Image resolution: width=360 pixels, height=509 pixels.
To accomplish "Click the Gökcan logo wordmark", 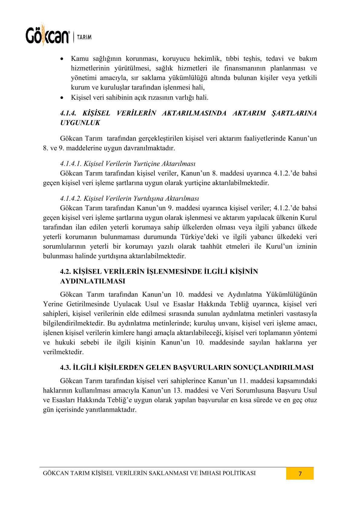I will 47,36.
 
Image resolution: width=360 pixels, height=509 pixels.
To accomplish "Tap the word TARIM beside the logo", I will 84,37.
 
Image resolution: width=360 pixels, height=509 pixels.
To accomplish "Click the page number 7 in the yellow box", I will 300,474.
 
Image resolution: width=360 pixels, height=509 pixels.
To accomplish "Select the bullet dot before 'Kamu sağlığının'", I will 62,58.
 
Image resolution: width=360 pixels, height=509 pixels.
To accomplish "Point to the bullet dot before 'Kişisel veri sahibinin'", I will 62,98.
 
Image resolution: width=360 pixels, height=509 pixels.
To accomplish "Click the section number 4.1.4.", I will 68,113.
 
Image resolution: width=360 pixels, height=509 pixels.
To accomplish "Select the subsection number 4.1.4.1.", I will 71,164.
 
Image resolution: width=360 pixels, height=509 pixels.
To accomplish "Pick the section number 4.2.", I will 65,271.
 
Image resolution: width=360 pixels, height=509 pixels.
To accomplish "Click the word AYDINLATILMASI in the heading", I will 93,281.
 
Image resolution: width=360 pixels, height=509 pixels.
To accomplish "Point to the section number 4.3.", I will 65,367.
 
